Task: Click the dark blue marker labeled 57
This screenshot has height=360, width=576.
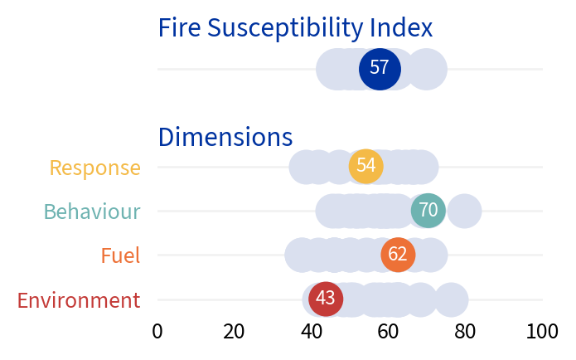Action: [x=380, y=69]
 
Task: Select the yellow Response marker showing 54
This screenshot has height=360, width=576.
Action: [x=365, y=166]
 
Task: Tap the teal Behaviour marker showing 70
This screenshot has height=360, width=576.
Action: [x=428, y=211]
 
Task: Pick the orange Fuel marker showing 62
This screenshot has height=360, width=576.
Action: [x=398, y=255]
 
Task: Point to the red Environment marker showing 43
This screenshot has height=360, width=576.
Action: [x=326, y=299]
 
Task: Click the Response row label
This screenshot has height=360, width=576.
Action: [x=95, y=168]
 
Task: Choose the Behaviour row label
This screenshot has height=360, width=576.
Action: [x=92, y=212]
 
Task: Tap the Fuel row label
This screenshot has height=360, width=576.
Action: [x=120, y=255]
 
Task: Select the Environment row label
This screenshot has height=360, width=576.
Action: [x=79, y=299]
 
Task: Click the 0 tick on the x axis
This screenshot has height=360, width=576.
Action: [x=157, y=332]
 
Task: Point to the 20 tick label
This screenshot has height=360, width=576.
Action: [x=235, y=332]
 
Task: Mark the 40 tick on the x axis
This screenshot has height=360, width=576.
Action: [x=312, y=332]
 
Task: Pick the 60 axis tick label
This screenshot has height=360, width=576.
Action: [x=389, y=332]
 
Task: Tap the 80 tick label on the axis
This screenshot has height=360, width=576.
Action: [x=466, y=332]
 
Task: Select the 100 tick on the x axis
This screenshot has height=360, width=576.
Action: [x=543, y=332]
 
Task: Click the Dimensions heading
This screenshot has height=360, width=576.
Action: [x=225, y=136]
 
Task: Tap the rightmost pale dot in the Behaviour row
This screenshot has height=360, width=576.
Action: [x=465, y=211]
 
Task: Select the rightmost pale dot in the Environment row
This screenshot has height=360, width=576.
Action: [x=451, y=299]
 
